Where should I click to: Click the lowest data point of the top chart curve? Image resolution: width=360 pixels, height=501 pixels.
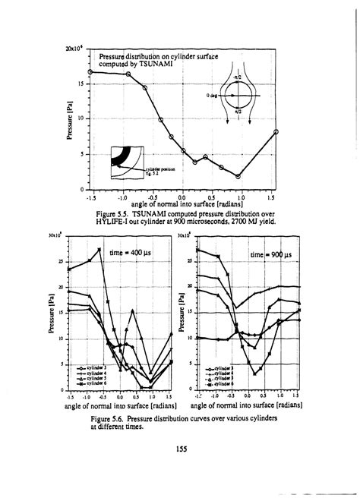point(238,177)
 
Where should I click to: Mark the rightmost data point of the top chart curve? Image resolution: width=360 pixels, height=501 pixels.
point(276,132)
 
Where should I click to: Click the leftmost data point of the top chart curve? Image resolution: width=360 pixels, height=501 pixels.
point(91,72)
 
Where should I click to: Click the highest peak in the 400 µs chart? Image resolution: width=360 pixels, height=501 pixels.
point(99,249)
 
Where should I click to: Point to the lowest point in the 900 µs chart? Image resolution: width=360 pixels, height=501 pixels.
point(255,373)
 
